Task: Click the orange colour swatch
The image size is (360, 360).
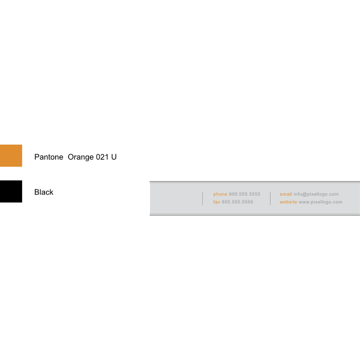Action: pyautogui.click(x=11, y=155)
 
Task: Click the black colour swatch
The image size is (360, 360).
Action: pyautogui.click(x=11, y=191)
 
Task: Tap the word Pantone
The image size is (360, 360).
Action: pyautogui.click(x=49, y=157)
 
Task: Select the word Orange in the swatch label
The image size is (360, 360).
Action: pyautogui.click(x=81, y=157)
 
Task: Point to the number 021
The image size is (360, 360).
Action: pyautogui.click(x=102, y=157)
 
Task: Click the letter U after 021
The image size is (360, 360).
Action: pyautogui.click(x=114, y=157)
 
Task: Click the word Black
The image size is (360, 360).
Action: pyautogui.click(x=44, y=192)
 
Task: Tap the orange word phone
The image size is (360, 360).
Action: pyautogui.click(x=220, y=194)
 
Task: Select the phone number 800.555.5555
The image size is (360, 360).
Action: pyautogui.click(x=245, y=194)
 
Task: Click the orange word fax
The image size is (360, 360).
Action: pyautogui.click(x=217, y=202)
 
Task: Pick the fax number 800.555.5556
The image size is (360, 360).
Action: pyautogui.click(x=238, y=202)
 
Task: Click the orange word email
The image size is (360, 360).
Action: pyautogui.click(x=286, y=194)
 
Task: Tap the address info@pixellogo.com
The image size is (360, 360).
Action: pyautogui.click(x=316, y=194)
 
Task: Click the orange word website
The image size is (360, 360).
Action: pyautogui.click(x=288, y=202)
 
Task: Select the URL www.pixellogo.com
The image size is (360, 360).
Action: pyautogui.click(x=320, y=202)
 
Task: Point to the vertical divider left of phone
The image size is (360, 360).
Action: pyautogui.click(x=203, y=198)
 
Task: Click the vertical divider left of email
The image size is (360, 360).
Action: pyautogui.click(x=270, y=198)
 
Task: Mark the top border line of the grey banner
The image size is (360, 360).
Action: pyautogui.click(x=255, y=182)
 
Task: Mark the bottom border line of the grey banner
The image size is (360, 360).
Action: pyautogui.click(x=255, y=215)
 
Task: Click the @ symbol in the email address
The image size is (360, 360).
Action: pyautogui.click(x=305, y=194)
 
